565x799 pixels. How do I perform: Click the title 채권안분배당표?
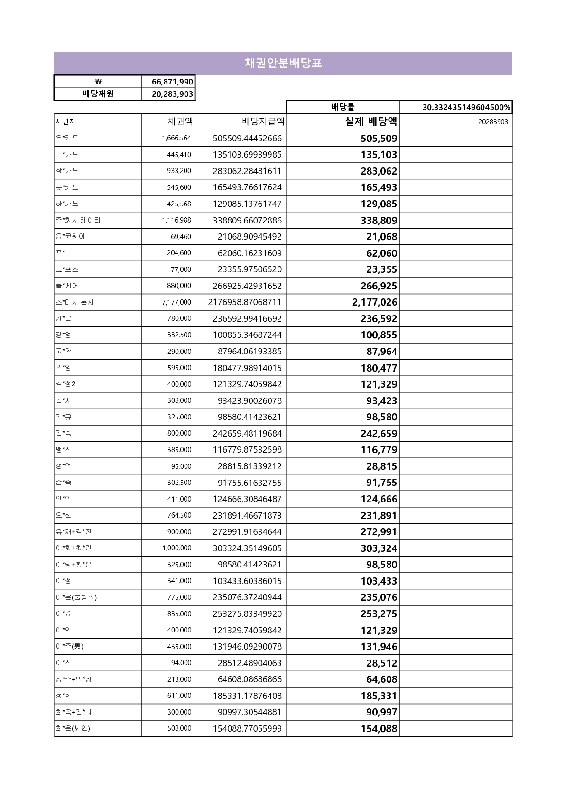(x=283, y=63)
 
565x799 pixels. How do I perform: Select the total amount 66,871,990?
(x=172, y=82)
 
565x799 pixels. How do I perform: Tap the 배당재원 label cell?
(x=98, y=94)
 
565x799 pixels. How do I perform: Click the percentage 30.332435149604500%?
(x=466, y=107)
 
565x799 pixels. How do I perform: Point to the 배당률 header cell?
(x=343, y=107)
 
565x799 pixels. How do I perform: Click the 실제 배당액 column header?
(x=370, y=121)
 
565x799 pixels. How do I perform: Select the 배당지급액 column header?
(x=263, y=121)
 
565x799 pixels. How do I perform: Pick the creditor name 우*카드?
(x=67, y=138)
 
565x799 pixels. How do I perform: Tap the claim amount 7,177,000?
(x=176, y=302)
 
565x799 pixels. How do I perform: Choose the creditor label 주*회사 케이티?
(x=78, y=220)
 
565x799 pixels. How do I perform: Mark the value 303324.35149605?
(x=247, y=548)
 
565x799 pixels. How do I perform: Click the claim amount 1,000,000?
(x=176, y=548)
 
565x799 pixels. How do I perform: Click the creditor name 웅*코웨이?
(x=70, y=236)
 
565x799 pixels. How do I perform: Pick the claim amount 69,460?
(x=181, y=237)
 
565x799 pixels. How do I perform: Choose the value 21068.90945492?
(x=250, y=237)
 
